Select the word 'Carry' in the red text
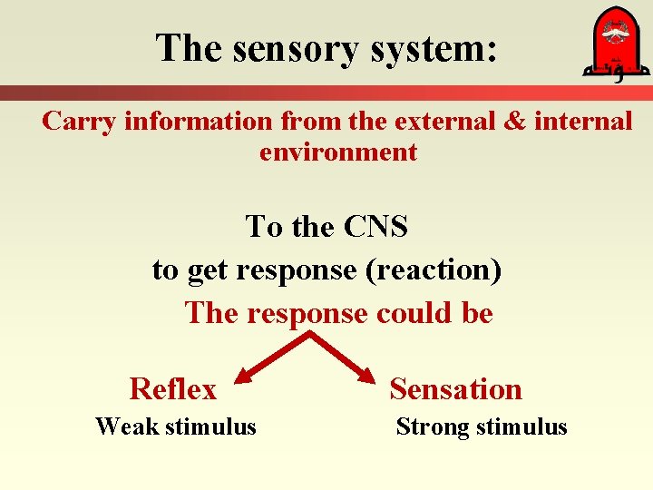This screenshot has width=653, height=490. [79, 121]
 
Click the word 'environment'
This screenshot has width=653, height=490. [338, 152]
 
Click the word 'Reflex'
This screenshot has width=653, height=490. [173, 389]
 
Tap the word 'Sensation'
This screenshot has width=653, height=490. [455, 389]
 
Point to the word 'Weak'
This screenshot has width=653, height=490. [126, 426]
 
